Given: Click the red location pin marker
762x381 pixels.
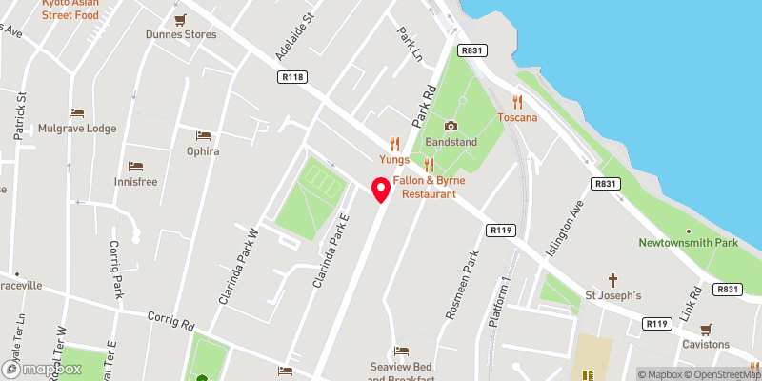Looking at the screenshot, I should pos(382,190).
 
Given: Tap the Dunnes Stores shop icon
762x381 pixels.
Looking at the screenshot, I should pos(180,19).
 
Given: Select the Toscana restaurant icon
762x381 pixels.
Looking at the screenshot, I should pos(517,102).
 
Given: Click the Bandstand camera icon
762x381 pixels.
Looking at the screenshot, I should pos(451,126).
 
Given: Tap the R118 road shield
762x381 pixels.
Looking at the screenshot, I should pos(291,76).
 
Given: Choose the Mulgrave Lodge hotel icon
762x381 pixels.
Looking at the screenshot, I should pos(76,113).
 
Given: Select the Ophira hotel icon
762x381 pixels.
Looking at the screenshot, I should pos(202,136).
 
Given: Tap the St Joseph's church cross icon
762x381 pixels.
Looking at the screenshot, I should pos(614,280).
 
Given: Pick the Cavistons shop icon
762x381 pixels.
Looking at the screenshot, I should pos(706,329).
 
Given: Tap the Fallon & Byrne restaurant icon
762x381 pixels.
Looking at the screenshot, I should pos(429,165).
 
